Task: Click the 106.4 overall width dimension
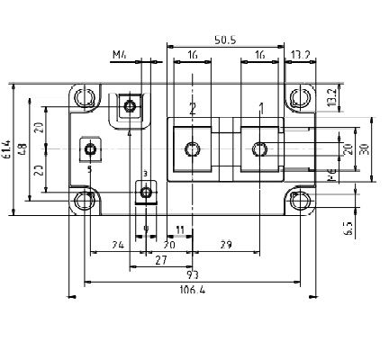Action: tap(189, 290)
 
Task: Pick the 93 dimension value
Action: tap(192, 273)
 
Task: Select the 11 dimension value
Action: tap(180, 231)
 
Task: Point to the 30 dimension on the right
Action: tap(364, 148)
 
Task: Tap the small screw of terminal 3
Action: tap(146, 190)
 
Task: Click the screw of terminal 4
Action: tap(131, 107)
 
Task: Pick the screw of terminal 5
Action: tap(89, 148)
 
